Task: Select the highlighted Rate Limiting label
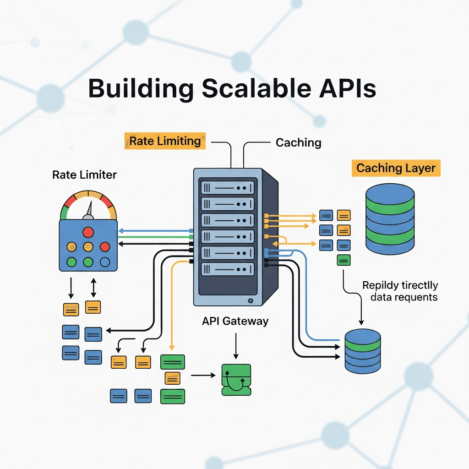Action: point(165,141)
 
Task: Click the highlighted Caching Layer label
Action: point(396,168)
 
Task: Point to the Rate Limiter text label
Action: point(84,175)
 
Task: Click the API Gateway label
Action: point(235,321)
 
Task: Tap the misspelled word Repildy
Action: point(382,285)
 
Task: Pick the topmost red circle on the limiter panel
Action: point(88,232)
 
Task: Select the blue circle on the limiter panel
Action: point(105,262)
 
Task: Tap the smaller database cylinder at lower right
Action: point(362,350)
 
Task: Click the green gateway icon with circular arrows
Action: point(236,379)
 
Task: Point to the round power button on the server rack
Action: point(250,301)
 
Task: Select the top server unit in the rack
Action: point(227,187)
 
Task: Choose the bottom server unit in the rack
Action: point(227,268)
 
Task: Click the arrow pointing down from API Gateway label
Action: point(235,346)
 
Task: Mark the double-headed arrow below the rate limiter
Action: point(93,288)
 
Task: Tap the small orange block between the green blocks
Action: point(172,378)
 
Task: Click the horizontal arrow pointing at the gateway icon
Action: point(203,376)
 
